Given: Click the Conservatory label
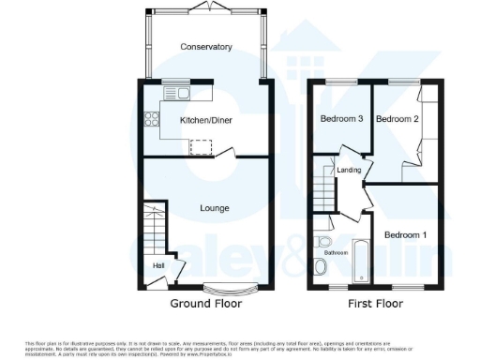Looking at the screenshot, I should (206, 47).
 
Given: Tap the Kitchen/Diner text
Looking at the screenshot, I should (206, 121).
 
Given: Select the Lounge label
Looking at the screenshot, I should (215, 207).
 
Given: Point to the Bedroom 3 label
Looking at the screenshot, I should (342, 119).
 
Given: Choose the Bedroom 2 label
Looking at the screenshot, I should (396, 119).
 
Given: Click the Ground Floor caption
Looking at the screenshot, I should (205, 304).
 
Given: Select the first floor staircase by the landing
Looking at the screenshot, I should (325, 188).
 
